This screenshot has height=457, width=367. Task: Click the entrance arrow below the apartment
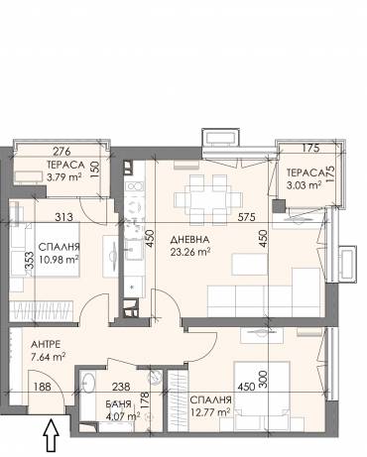coord(51,435)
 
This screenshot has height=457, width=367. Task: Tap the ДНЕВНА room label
coord(189,240)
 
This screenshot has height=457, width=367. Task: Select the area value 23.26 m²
coord(190,252)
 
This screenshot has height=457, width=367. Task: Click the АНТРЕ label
coord(46,345)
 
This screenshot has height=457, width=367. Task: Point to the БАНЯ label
coord(119,403)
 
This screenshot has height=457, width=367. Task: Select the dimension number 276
coord(61,152)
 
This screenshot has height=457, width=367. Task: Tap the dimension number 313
coord(64,217)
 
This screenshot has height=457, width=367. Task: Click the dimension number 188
coord(43,387)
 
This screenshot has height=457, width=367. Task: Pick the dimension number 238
coord(121,387)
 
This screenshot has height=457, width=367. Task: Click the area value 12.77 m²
coord(210,412)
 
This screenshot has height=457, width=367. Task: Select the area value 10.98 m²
coord(59,260)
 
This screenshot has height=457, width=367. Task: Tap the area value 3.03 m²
coord(305,184)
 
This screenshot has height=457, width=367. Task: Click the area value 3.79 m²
coord(64,176)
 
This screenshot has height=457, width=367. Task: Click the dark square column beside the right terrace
coord(279,206)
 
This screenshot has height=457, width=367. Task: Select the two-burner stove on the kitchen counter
coord(135,186)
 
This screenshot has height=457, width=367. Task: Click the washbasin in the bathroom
coord(87,383)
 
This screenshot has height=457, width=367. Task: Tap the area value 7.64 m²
coord(48,357)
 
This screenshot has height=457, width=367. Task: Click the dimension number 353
coord(29,263)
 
